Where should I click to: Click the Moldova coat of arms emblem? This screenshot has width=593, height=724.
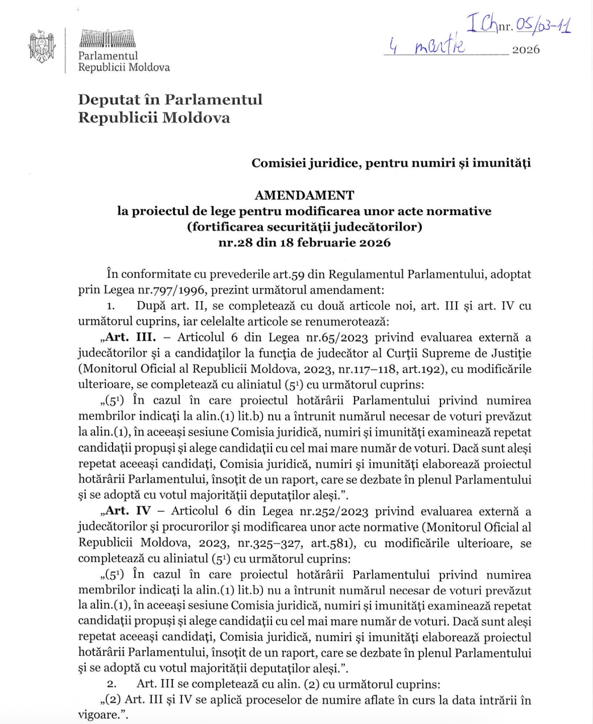coord(42,48)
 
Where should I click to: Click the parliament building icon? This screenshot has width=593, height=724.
coord(108,39)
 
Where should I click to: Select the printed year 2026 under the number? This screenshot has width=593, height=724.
coord(525,50)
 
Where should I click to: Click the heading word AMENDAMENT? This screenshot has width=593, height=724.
coord(304,195)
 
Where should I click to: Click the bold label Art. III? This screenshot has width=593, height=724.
coord(131,337)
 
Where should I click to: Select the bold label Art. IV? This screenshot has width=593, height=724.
coord(128,511)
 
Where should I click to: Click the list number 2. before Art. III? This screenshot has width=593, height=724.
coord(112,684)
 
